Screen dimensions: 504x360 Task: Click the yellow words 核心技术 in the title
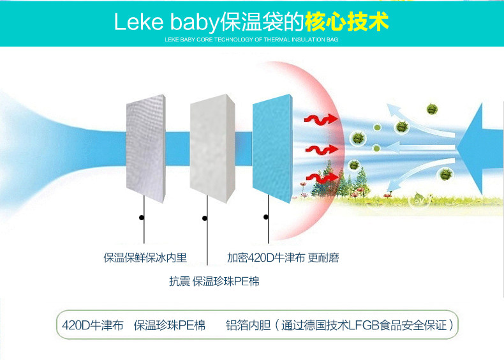pos(347,22)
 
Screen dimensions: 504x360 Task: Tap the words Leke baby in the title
pos(166,22)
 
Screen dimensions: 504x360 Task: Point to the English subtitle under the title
pos(251,40)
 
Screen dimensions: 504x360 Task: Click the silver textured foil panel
pos(146,148)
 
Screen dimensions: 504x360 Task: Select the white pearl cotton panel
pos(212,148)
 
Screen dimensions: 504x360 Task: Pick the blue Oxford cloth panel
pos(272,148)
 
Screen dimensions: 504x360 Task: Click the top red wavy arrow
pos(321,119)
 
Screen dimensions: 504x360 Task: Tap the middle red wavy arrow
pos(322,149)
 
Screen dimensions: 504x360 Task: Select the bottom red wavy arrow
pos(322,177)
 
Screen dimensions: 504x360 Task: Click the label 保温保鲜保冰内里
pos(145,258)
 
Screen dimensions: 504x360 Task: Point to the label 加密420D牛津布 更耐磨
pos(283,258)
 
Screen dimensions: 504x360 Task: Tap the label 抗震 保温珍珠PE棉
pos(214,281)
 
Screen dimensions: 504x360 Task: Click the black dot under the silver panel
pos(142,218)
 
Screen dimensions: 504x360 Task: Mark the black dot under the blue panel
pos(266,217)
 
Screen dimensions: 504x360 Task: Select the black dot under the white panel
pos(204,218)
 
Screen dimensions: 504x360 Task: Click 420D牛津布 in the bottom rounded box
pos(93,326)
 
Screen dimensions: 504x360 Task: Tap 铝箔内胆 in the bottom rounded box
pos(248,326)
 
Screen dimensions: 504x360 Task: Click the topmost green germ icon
pos(433,109)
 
